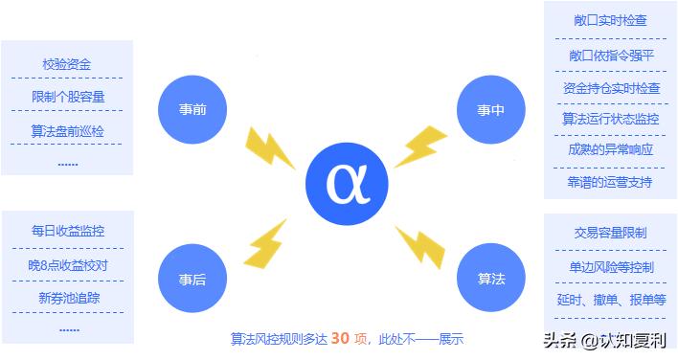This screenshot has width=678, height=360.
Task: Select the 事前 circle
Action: tap(192, 108)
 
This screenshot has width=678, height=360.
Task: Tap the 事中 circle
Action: tap(491, 109)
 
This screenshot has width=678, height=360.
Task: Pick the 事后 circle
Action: tap(192, 280)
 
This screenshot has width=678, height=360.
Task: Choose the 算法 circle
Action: tap(491, 279)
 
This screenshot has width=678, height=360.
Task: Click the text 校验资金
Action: tap(67, 64)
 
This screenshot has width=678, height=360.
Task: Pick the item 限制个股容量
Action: tap(67, 97)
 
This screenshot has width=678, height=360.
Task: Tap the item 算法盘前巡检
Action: tap(67, 129)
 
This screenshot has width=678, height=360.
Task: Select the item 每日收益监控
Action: tap(68, 231)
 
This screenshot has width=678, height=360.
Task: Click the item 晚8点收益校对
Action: tap(68, 264)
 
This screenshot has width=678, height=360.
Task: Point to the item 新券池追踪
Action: tap(68, 298)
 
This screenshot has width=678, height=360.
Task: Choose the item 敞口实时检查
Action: tap(610, 20)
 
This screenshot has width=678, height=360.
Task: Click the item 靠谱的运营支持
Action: tap(610, 182)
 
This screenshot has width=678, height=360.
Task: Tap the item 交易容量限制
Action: tap(610, 233)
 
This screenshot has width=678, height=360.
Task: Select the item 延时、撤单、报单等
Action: tap(610, 299)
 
